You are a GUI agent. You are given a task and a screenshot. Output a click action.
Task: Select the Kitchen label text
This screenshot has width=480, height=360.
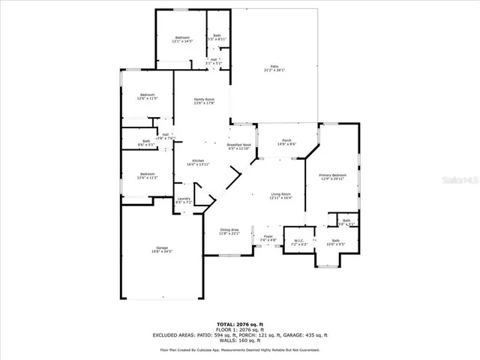tap(198, 162)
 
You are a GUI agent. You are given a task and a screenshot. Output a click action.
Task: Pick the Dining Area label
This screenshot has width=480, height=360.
tap(229, 231)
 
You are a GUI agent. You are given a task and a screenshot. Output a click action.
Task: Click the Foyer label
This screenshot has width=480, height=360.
tap(268, 238)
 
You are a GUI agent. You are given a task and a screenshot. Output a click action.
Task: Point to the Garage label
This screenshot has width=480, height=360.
tap(161, 249)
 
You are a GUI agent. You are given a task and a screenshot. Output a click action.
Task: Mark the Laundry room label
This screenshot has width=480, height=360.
tap(184, 200)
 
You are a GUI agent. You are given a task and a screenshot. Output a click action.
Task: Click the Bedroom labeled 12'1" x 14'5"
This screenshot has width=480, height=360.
tap(182, 39)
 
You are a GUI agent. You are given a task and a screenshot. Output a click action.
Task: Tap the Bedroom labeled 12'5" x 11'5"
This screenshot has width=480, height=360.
tap(146, 96)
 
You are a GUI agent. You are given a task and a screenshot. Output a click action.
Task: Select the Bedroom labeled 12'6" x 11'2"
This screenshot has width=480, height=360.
tap(146, 175)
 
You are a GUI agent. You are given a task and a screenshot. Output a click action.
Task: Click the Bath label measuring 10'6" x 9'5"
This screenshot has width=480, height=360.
tap(335, 242)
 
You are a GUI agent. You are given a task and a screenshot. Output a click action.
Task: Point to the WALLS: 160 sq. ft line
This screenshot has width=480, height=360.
tap(240, 341)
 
